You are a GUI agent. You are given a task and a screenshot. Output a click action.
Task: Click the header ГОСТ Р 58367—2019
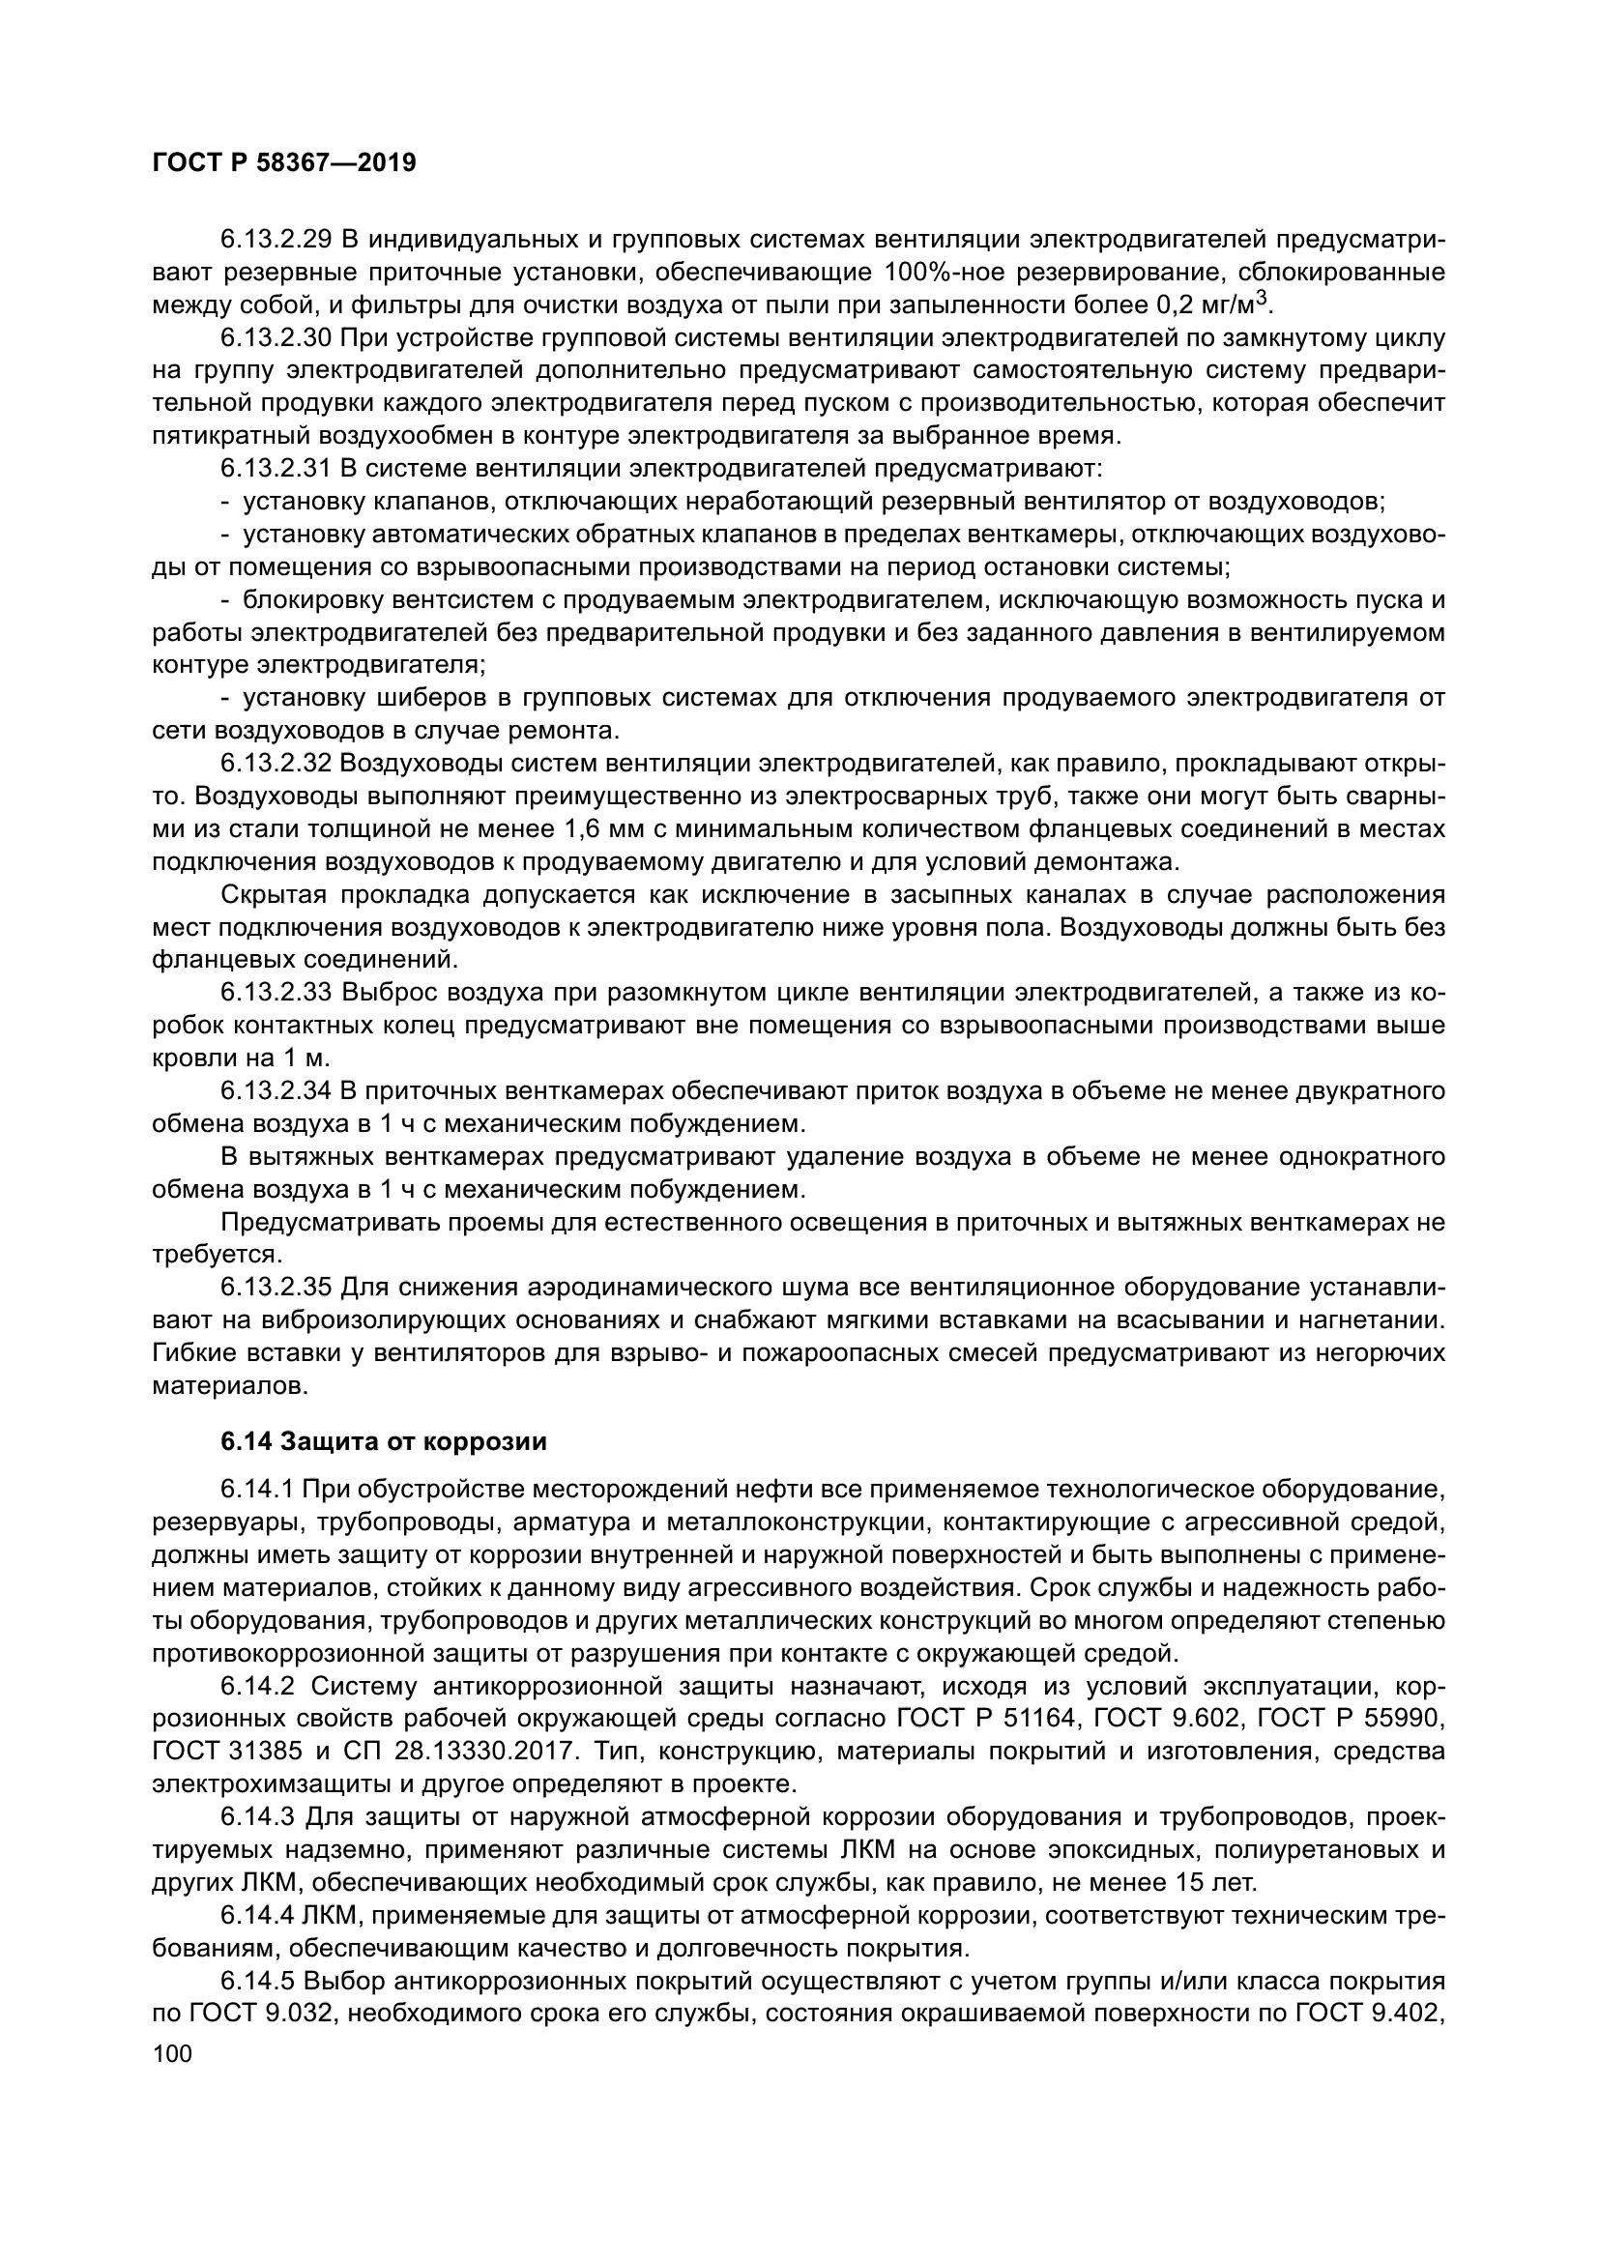(x=284, y=162)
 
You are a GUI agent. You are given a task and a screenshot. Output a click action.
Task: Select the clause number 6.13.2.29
(x=276, y=240)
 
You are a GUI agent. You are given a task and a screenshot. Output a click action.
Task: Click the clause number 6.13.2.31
(x=276, y=469)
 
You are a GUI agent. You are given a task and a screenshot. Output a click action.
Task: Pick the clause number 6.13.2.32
(x=276, y=765)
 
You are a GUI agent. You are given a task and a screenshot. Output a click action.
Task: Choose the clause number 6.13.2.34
(x=276, y=1091)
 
